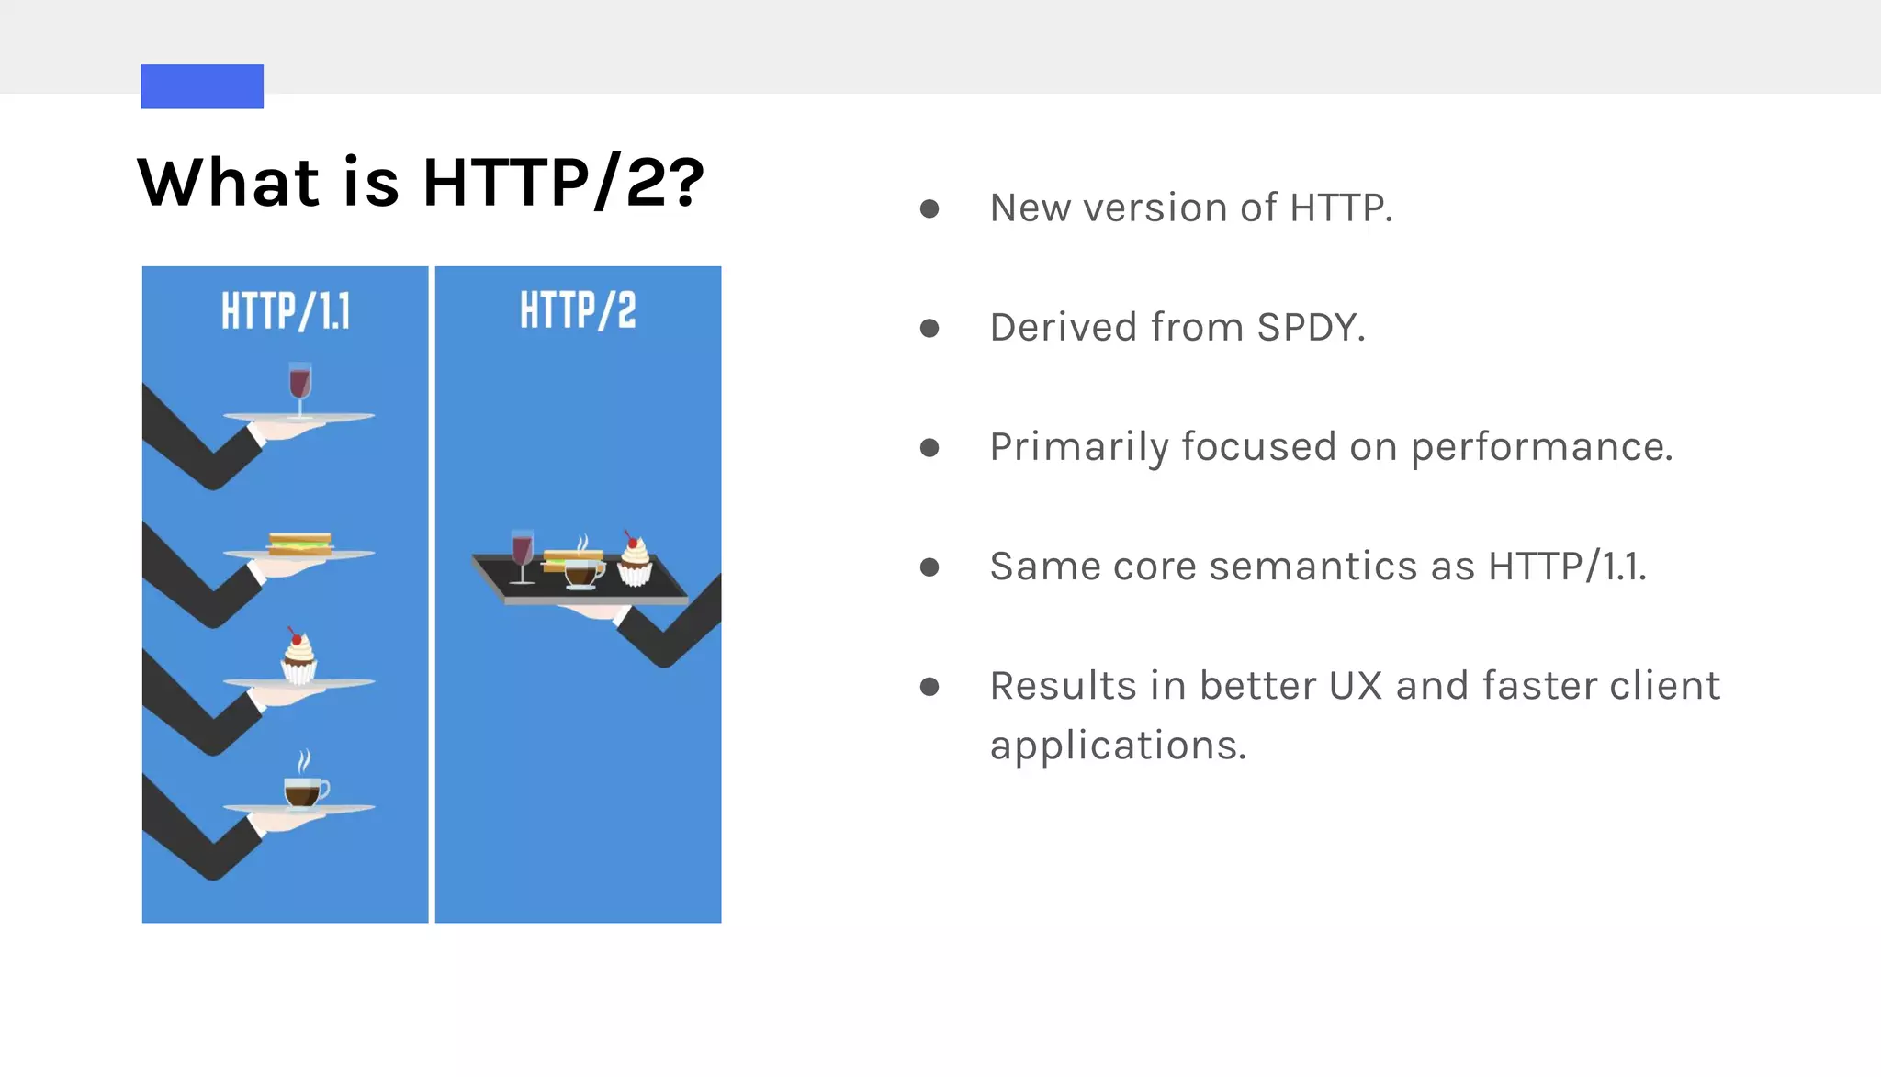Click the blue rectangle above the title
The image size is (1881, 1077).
pos(202,86)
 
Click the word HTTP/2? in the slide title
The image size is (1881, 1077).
pos(563,182)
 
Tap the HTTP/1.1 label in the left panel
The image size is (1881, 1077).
pos(286,311)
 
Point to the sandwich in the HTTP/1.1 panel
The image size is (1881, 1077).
pos(299,544)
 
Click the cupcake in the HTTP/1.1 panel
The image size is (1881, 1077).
pos(298,657)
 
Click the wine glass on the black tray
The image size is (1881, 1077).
pos(522,555)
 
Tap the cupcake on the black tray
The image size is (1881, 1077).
pos(634,560)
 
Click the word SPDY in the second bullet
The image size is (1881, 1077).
pos(1308,328)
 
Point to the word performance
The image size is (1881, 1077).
pos(1541,448)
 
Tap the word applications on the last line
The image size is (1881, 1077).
pos(1117,746)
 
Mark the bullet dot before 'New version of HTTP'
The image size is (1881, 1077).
pos(929,208)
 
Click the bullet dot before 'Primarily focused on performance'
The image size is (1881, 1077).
pos(929,447)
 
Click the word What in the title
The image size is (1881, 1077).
pos(229,182)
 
